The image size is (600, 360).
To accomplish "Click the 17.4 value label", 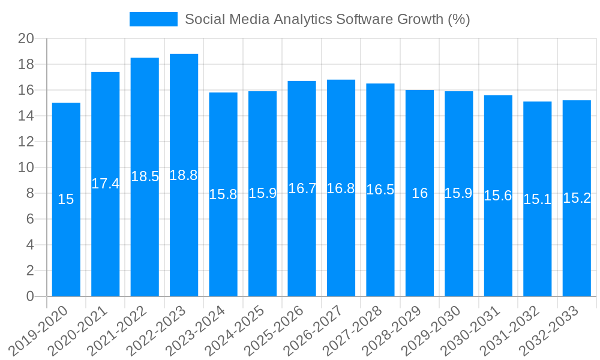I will coord(106,184).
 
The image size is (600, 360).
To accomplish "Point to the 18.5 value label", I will coord(145,176).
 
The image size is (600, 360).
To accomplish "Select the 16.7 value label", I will coord(302,188).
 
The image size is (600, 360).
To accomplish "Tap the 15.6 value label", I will coord(498,195).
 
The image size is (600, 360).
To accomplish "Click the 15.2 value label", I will coord(577,198).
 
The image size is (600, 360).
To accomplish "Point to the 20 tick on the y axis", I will coord(26,39).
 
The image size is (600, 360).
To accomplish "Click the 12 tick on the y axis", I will coord(26,142).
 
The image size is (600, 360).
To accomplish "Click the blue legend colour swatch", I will coord(154,19).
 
